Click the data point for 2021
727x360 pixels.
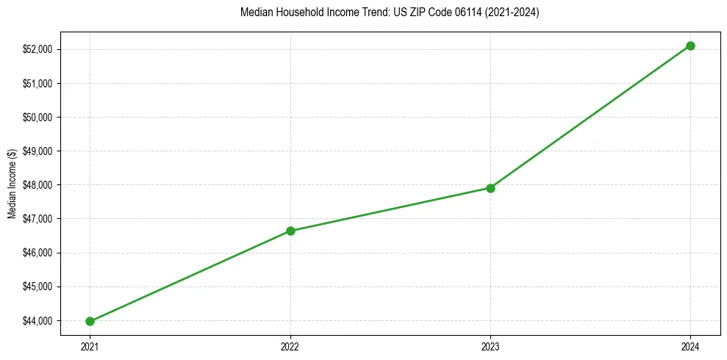90,321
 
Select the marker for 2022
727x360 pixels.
290,231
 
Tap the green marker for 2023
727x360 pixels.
490,188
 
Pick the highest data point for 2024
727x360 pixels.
690,46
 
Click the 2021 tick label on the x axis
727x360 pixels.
90,346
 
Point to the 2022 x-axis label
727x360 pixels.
290,346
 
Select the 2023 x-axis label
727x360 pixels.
490,346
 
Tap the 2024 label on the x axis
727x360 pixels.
690,346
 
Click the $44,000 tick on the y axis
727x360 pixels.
38,321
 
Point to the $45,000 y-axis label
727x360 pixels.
38,287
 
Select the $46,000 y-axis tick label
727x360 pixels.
38,253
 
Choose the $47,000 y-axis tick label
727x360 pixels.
38,219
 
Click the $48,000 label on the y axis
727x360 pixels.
38,185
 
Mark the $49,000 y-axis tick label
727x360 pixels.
38,151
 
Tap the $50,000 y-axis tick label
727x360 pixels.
38,118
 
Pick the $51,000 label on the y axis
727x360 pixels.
38,84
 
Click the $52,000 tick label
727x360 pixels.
38,49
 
